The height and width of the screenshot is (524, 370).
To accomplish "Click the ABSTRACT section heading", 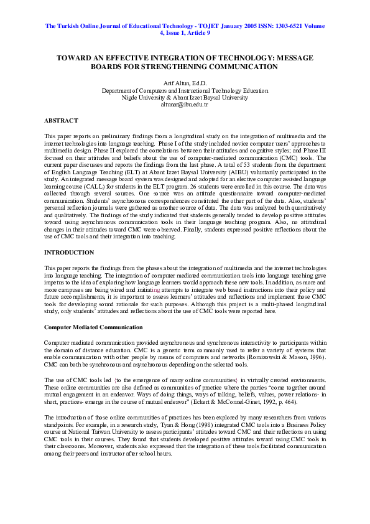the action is pos(61,120).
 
